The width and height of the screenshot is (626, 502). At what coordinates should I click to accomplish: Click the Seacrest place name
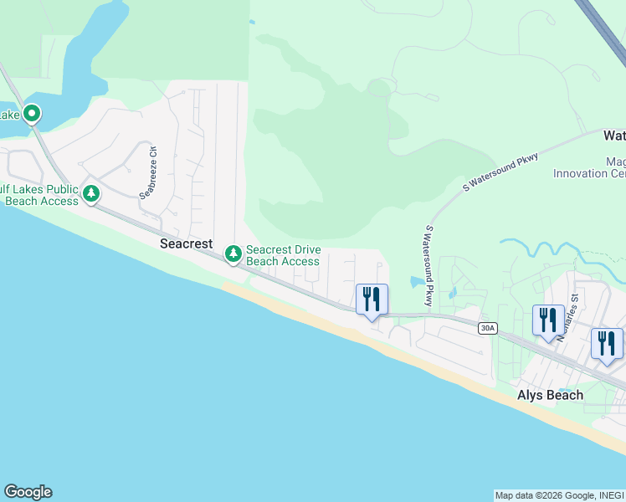(187, 243)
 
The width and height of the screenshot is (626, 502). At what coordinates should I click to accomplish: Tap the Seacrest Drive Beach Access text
(283, 255)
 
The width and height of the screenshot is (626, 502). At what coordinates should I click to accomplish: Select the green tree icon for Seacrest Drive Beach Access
(233, 253)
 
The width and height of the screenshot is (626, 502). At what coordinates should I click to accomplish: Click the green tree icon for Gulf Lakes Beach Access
(91, 195)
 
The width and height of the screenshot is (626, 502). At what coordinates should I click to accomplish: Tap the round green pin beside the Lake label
(32, 113)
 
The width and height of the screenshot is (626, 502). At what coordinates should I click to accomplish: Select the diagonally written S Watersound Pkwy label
(500, 169)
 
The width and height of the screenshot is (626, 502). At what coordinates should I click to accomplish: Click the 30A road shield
(487, 328)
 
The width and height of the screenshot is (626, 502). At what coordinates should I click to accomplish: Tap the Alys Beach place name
(550, 395)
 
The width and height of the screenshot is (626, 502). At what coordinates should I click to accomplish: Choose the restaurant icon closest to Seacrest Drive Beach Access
(372, 299)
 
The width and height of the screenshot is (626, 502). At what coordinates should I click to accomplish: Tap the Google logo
(28, 492)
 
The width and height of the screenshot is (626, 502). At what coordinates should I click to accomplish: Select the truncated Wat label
(614, 135)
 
